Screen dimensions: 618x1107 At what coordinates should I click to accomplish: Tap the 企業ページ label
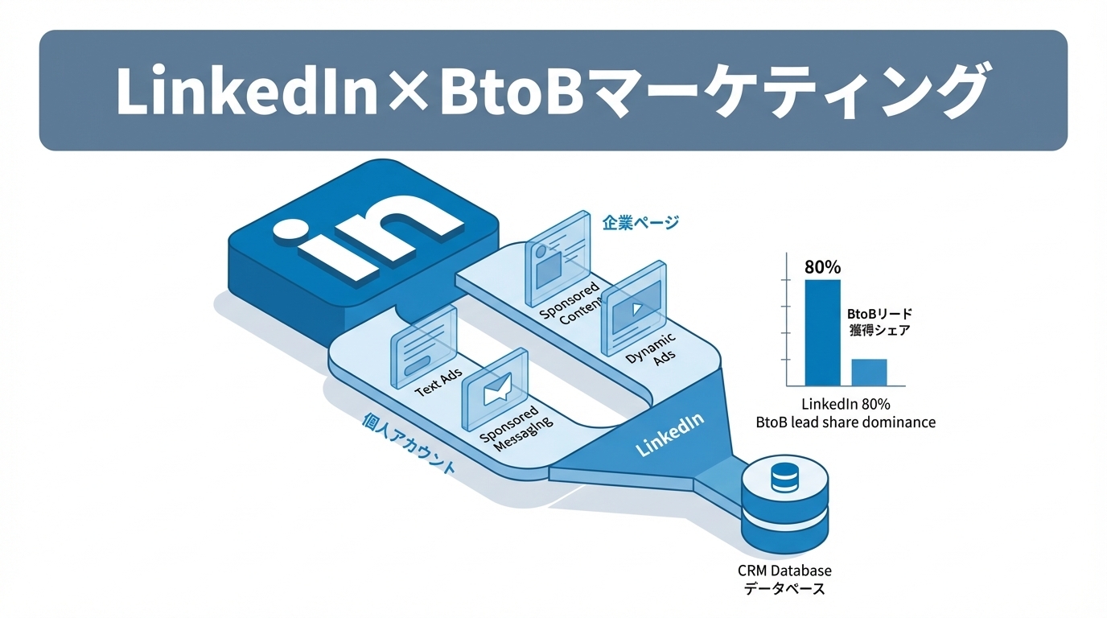coord(640,222)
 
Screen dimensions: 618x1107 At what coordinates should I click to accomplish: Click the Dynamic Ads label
coord(654,349)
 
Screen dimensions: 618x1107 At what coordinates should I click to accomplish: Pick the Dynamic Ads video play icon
coord(635,306)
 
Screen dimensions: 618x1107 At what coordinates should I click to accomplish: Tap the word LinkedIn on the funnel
coord(669,435)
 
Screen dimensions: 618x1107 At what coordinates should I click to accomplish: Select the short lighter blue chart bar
coord(869,372)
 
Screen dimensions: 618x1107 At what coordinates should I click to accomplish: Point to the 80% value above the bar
coord(822,267)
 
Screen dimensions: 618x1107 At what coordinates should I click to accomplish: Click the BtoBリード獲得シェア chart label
coord(879,322)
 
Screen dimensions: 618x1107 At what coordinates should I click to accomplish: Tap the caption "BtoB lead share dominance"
coord(846,422)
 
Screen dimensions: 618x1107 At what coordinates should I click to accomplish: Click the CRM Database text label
coord(784,571)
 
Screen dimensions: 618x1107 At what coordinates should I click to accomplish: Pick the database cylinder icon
coord(784,503)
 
